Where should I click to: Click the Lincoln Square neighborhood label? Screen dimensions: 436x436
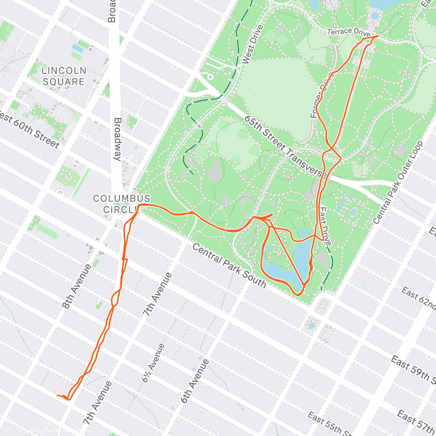pyautogui.click(x=64, y=76)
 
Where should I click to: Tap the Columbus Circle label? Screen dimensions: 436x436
pyautogui.click(x=121, y=204)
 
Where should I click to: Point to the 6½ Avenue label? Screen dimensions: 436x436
pyautogui.click(x=153, y=363)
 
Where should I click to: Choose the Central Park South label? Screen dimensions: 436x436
pyautogui.click(x=229, y=265)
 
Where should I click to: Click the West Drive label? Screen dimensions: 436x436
pyautogui.click(x=252, y=44)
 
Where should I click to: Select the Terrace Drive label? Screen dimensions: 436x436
pyautogui.click(x=348, y=32)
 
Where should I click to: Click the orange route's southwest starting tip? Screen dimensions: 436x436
pyautogui.click(x=58, y=395)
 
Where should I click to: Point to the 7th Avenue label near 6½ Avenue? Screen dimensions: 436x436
pyautogui.click(x=157, y=294)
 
